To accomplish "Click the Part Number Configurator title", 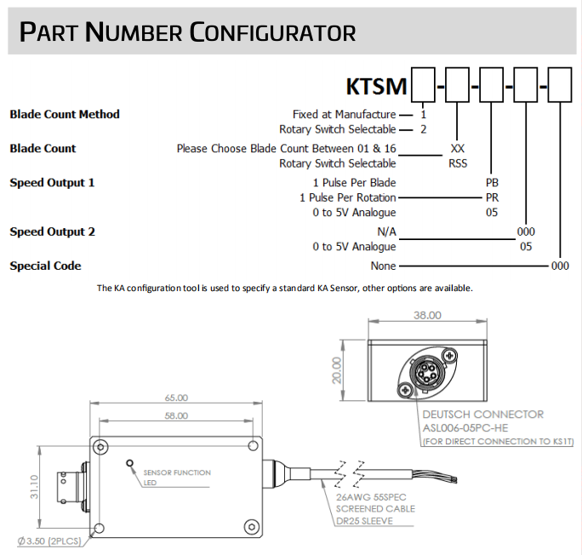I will tap(187, 32).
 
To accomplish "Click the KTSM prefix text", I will tap(377, 87).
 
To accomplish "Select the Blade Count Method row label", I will tap(65, 114).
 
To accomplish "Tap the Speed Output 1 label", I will tap(52, 182).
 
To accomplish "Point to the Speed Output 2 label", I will tap(52, 232).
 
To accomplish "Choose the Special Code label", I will tap(45, 266).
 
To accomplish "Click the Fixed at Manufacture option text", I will tap(344, 114).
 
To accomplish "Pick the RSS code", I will tap(458, 163).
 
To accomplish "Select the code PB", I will tap(492, 182).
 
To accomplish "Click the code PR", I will tap(492, 197).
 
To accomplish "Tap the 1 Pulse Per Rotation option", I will tap(347, 197).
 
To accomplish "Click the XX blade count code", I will tap(458, 148).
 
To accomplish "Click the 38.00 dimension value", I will tap(426, 314).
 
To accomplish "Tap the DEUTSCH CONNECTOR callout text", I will tap(482, 415).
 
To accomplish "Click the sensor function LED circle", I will tap(130, 464).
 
